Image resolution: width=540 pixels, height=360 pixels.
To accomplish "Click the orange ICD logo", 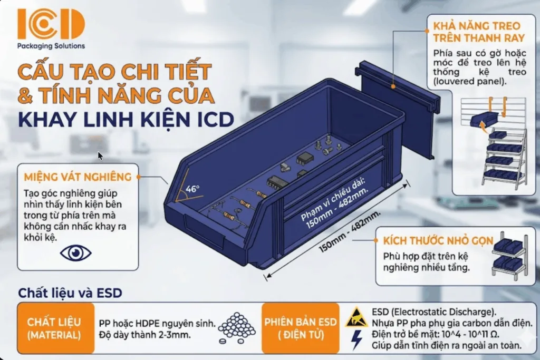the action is pos(51,24).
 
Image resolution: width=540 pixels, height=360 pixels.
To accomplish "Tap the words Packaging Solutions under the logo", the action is pos(51,46).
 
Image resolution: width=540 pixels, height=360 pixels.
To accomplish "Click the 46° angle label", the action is pos(192,189).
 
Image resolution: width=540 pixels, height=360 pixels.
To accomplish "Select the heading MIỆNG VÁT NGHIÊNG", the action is pos(78,177).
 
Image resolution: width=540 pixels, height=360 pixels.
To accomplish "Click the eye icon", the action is pos(76,253).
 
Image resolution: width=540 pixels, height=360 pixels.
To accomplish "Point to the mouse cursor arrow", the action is pos(100,156).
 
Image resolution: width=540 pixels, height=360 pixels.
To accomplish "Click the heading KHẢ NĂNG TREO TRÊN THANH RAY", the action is pos(479,32).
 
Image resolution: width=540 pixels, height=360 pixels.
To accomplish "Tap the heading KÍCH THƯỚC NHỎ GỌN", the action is pos(438,240).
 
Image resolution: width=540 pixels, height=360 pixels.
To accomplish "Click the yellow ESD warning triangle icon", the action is pos(356,318).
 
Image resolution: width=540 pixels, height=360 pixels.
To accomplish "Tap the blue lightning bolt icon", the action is pos(356,340).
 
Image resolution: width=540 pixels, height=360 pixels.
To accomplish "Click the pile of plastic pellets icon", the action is pos(237,328).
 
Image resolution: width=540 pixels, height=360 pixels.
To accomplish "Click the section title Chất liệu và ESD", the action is pos(70,293).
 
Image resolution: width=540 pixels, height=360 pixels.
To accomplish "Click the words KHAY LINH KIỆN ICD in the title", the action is pos(126,119).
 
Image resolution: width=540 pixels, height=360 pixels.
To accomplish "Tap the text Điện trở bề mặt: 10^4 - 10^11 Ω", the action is pos(435,334).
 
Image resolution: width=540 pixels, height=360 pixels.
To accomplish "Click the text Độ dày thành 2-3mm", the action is pos(144,335).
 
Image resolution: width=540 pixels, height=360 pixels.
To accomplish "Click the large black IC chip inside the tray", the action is pos(277,182).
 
